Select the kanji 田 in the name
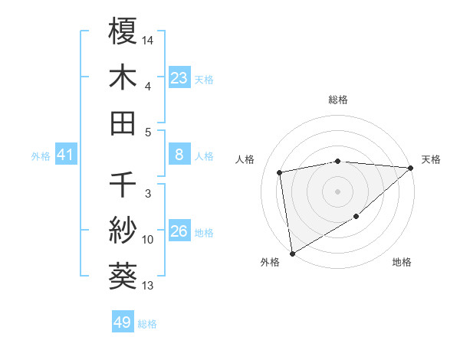(x=123, y=123)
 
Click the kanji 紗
(x=123, y=231)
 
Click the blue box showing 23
(x=179, y=77)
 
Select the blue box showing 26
(x=179, y=232)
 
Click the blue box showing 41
(x=65, y=155)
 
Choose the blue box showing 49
(x=123, y=322)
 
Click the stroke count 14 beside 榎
(x=148, y=38)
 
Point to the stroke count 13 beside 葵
(x=148, y=286)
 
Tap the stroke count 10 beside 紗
(x=148, y=240)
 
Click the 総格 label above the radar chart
(x=337, y=100)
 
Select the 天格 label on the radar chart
(x=431, y=159)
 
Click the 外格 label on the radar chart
(x=269, y=262)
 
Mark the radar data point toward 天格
(x=411, y=169)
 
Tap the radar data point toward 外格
(x=292, y=253)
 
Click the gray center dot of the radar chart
(x=337, y=191)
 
